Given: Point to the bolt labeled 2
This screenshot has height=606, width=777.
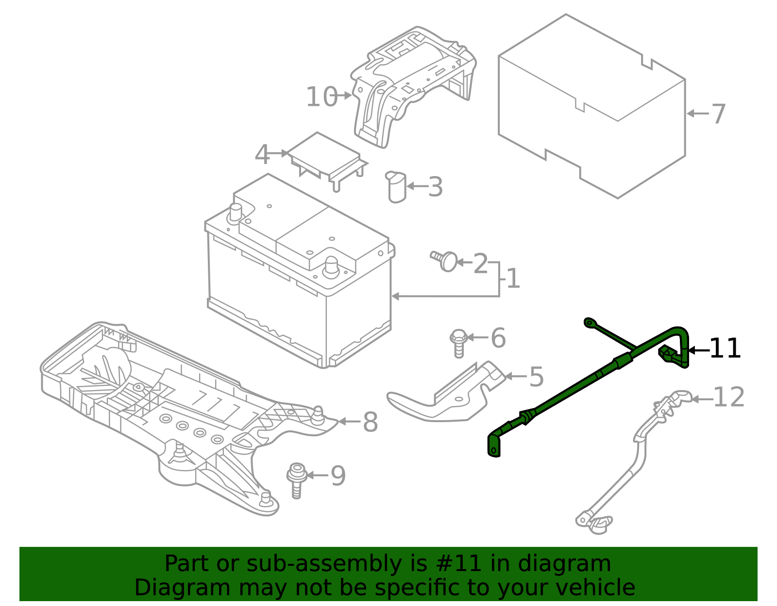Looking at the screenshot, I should (x=444, y=261).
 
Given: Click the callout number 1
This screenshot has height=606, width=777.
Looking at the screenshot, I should (x=513, y=279).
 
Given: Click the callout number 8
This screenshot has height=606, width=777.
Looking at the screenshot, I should (x=370, y=422).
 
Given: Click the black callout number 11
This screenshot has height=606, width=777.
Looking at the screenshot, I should (x=725, y=349).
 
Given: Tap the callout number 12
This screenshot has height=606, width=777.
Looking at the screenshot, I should (x=728, y=397).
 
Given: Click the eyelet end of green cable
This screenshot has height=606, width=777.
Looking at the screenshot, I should (x=590, y=322).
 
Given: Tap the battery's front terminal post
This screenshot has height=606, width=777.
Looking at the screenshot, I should (x=331, y=266).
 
